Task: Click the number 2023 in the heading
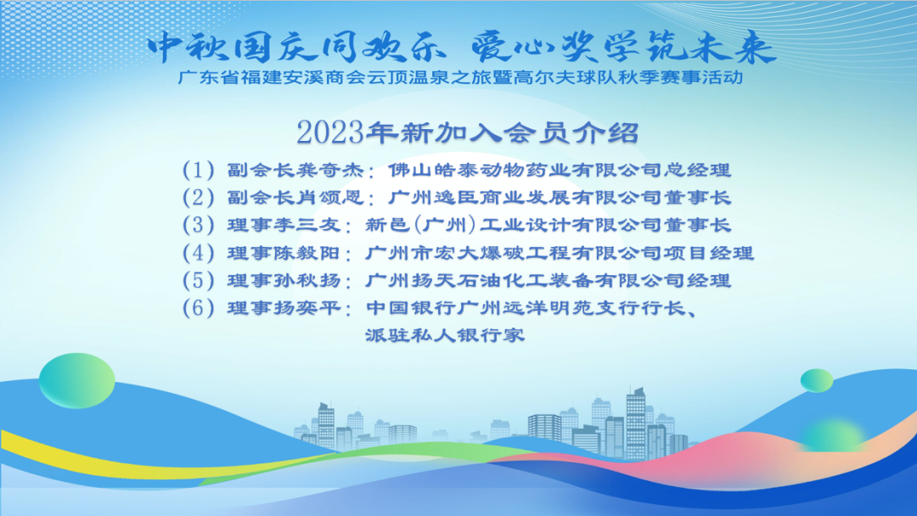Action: coord(330,132)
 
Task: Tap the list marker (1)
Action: coord(198,170)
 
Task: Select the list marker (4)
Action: coord(198,253)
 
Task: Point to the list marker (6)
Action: coord(198,308)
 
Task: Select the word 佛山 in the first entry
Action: coord(411,170)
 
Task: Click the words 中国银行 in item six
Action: coord(411,308)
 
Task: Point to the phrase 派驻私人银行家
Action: coord(445,335)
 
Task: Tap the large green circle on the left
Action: coord(76,380)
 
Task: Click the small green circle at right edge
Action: coord(817,381)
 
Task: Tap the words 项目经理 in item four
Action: coord(708,253)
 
